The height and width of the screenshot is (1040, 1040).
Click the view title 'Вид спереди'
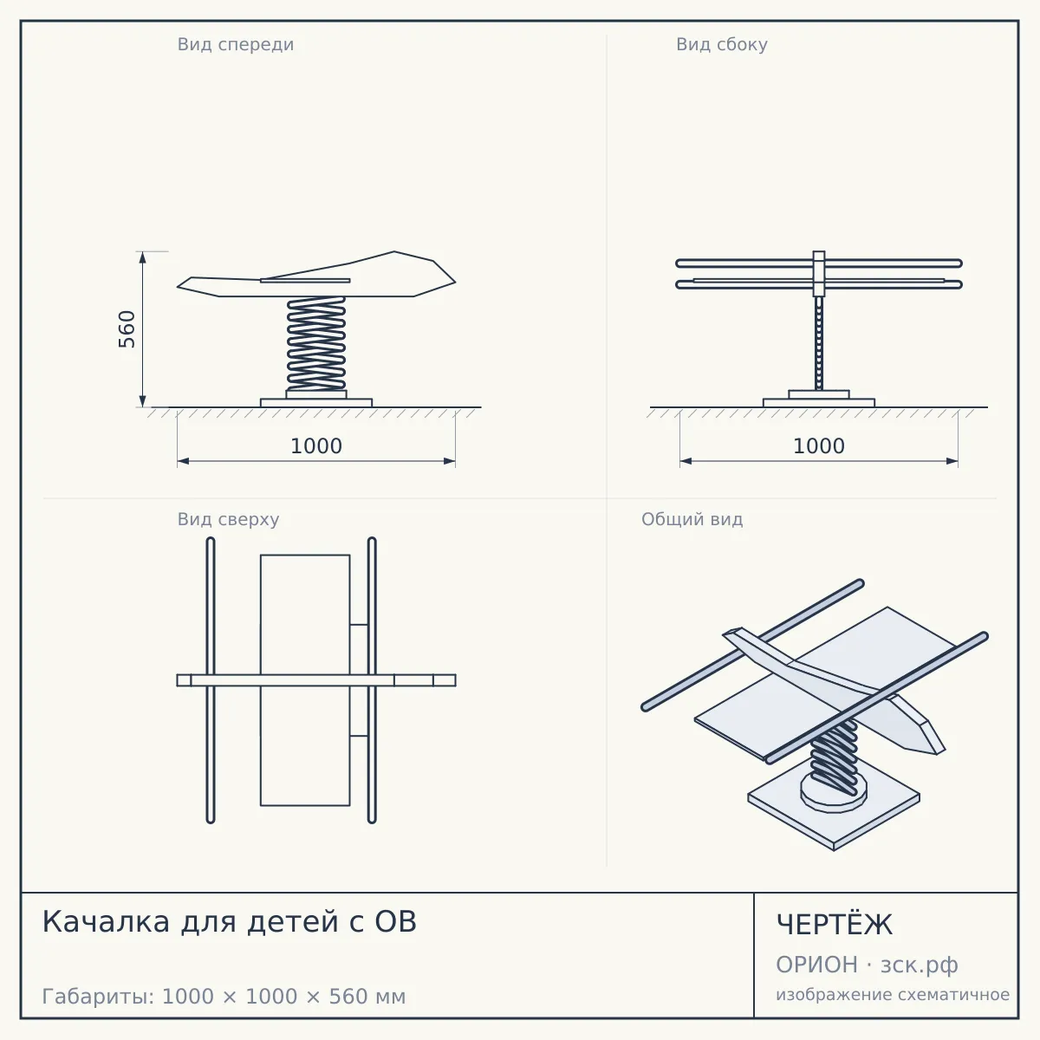pos(236,45)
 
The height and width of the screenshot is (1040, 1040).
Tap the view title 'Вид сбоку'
pos(722,45)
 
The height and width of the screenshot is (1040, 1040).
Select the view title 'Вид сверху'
pos(228,519)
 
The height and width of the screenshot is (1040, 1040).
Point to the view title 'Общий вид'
pos(692,519)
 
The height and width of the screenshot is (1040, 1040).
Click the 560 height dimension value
pos(127,329)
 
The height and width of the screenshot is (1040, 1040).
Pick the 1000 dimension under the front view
pos(316,446)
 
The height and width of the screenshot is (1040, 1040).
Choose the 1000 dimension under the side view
pos(819,446)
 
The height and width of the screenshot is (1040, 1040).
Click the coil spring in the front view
pos(316,343)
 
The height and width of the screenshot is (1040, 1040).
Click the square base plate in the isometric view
pos(834,826)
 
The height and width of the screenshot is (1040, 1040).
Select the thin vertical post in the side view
pos(819,343)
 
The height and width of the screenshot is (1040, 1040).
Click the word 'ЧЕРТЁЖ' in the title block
pos(835,924)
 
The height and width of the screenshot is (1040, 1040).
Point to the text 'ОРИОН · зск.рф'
pos(867,965)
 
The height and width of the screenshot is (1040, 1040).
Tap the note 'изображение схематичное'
pos(893,995)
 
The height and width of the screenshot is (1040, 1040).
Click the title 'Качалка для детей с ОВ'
pos(230,921)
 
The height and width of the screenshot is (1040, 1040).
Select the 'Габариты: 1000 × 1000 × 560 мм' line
pos(224,997)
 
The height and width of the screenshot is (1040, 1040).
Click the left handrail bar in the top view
pos(211,680)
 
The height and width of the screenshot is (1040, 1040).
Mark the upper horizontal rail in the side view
pos(819,263)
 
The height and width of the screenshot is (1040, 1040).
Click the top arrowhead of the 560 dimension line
pos(142,257)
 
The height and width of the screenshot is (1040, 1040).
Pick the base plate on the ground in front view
pos(316,403)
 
